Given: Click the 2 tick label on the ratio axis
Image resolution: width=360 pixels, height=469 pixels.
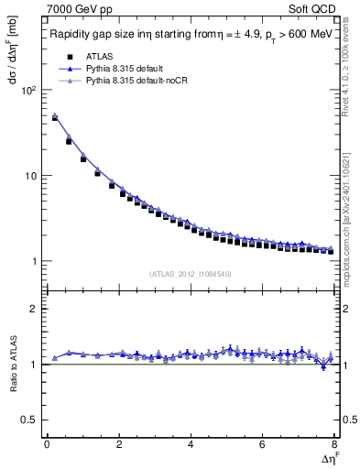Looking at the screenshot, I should pos(31,309).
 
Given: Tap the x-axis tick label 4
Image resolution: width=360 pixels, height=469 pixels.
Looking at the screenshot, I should pos(191,445).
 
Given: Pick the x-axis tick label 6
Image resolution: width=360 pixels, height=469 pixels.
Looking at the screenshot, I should pos(263,445).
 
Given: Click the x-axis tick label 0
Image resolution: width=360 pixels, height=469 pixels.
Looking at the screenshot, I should pos(47,445).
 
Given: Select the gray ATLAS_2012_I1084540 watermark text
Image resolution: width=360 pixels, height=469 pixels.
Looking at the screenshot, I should pos(191,273).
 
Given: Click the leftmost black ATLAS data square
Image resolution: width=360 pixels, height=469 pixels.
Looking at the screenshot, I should pos(54,119).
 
